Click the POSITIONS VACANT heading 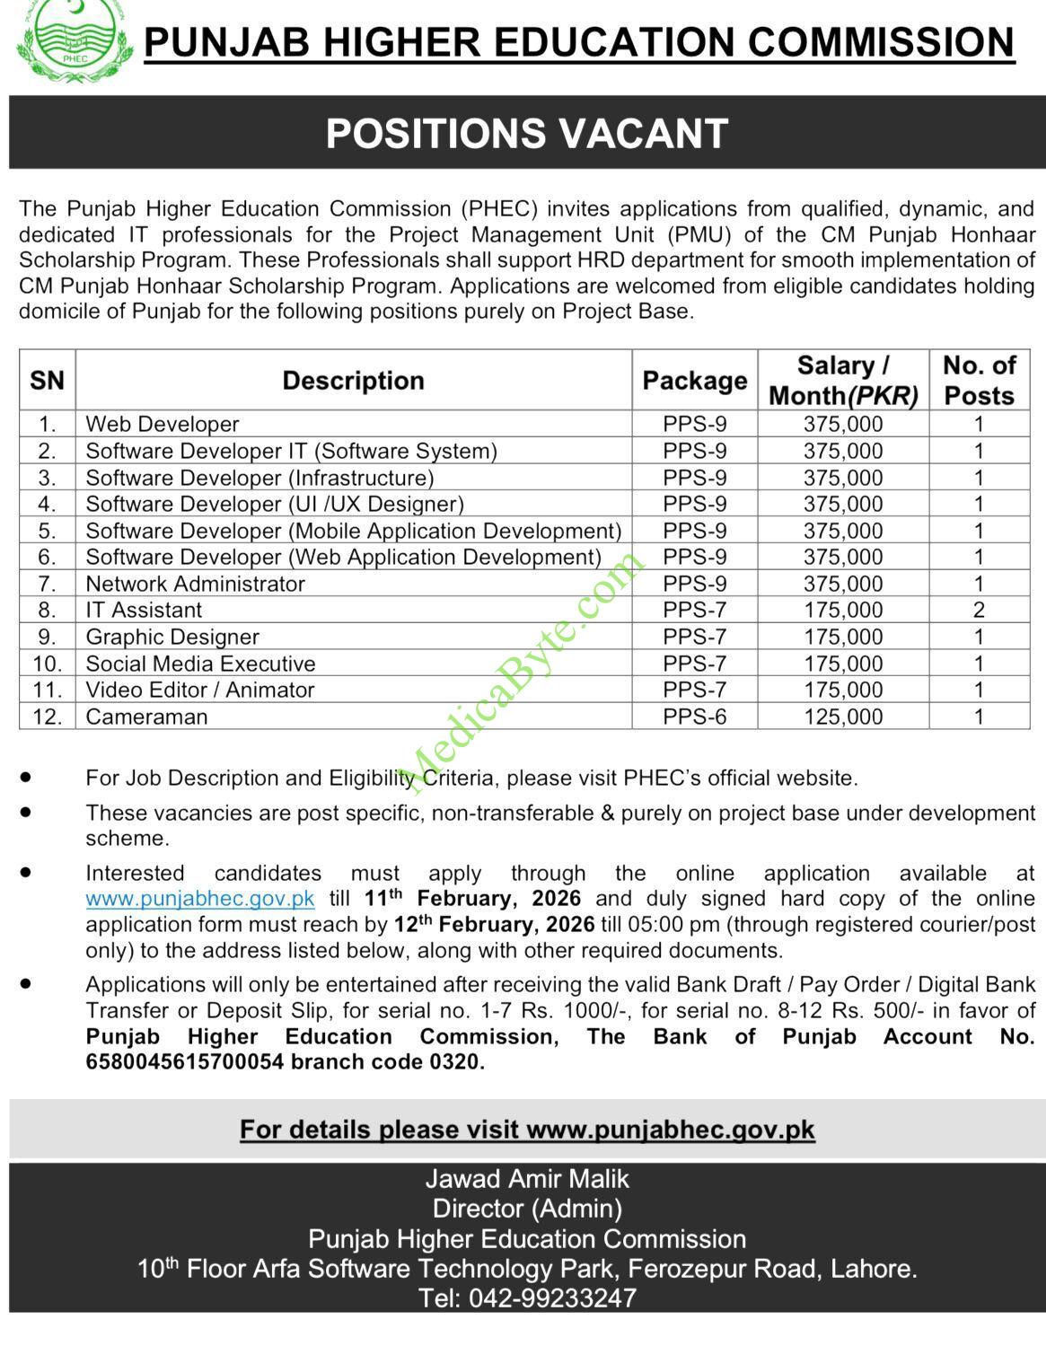point(526,134)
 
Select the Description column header point(353,381)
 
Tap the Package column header point(694,381)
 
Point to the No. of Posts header point(979,381)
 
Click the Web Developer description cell point(163,424)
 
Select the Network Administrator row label point(195,584)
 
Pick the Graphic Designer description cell point(172,637)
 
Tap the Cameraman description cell point(146,717)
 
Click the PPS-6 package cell point(694,717)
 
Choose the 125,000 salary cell point(843,717)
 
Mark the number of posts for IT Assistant point(979,611)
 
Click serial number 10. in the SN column point(47,664)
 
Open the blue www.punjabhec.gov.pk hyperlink point(200,899)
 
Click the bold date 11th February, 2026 point(472,898)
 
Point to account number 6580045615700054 point(185,1062)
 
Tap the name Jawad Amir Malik point(527,1179)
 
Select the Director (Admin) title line point(527,1209)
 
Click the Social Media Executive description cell point(200,664)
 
